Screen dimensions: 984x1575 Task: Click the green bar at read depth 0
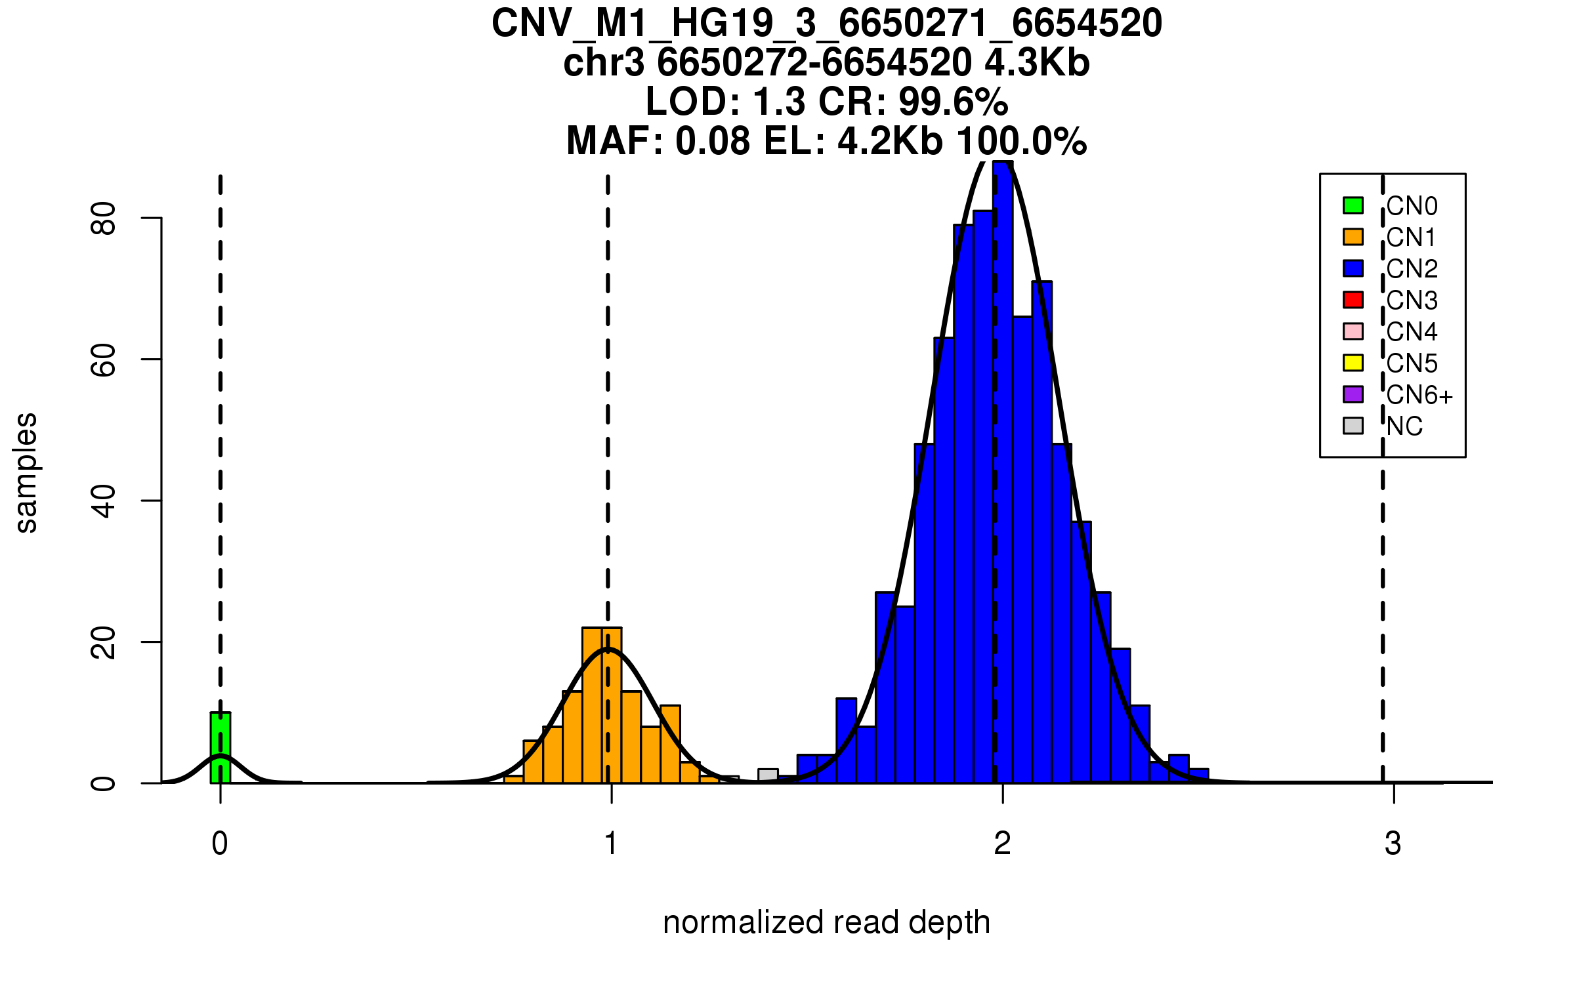[220, 748]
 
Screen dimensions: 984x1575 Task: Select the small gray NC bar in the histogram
[768, 775]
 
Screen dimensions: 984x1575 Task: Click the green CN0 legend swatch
[1353, 205]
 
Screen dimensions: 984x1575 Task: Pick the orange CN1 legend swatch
[1353, 237]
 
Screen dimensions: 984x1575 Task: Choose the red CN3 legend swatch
[1353, 300]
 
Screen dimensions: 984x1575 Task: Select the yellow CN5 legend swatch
[1353, 363]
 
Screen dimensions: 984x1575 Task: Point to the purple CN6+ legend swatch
[1353, 394]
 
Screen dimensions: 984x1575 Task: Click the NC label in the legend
[1404, 426]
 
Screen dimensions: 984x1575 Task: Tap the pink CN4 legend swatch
[1353, 331]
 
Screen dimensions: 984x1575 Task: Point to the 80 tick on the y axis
[104, 218]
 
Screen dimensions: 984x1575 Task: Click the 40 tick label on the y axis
[104, 501]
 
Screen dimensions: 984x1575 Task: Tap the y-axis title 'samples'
[26, 473]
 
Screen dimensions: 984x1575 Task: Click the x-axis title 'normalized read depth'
[826, 922]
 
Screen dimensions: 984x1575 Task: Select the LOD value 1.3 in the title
[780, 102]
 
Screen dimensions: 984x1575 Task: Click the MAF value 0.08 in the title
[712, 141]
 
